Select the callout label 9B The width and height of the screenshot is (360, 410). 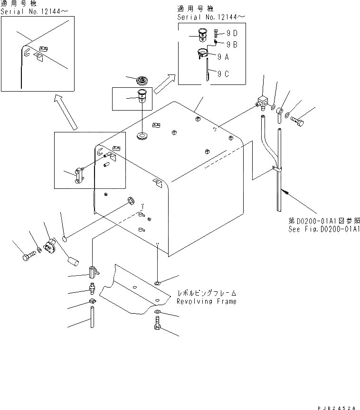(x=232, y=44)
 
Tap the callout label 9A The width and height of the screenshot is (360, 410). (x=223, y=56)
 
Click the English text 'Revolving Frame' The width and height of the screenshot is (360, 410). (x=206, y=301)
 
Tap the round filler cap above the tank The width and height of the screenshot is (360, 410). (x=142, y=80)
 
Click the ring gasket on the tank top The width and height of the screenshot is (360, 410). (x=141, y=138)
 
